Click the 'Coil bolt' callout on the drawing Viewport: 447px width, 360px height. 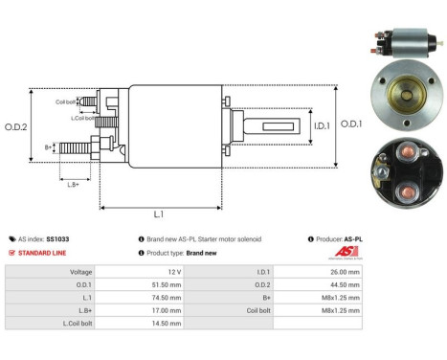point(65,101)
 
